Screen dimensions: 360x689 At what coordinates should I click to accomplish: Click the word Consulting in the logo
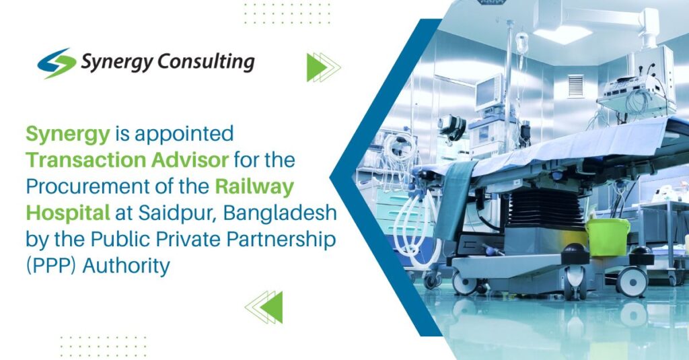(205, 63)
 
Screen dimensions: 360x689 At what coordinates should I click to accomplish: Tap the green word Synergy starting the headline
(67, 135)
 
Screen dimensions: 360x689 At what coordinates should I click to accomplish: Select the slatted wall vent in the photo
(575, 85)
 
